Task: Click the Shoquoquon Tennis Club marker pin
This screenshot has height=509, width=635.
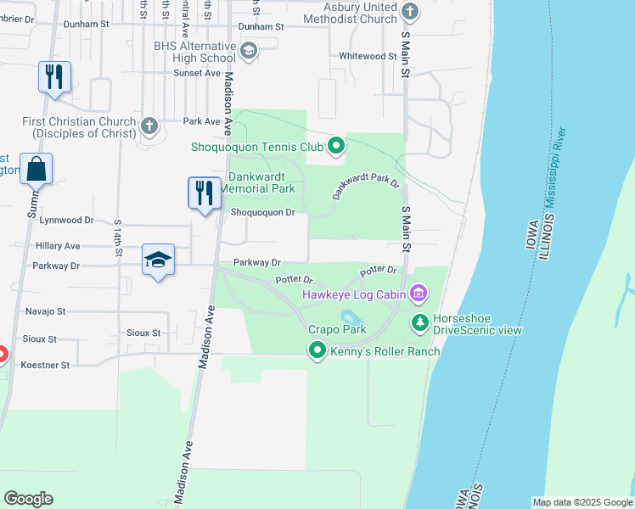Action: [x=335, y=148]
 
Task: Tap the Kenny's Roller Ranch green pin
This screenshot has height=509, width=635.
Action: [x=317, y=350]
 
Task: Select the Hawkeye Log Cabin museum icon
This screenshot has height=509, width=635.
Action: [x=418, y=294]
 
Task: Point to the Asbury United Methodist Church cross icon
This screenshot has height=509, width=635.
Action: [x=410, y=11]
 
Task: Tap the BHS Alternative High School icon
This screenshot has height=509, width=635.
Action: [x=248, y=52]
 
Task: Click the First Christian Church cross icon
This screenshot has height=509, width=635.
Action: [x=149, y=126]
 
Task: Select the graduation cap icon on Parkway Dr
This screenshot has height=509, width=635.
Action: [x=158, y=259]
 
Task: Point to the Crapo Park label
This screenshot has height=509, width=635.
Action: [x=337, y=329]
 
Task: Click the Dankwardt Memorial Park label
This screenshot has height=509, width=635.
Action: [x=261, y=182]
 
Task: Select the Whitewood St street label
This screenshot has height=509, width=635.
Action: [x=368, y=56]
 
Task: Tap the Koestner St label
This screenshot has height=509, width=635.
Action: [x=47, y=365]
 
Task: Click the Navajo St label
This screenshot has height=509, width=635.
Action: [x=45, y=311]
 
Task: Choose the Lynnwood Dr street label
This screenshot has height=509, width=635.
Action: [x=65, y=220]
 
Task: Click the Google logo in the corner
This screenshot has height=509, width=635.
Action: [x=28, y=499]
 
